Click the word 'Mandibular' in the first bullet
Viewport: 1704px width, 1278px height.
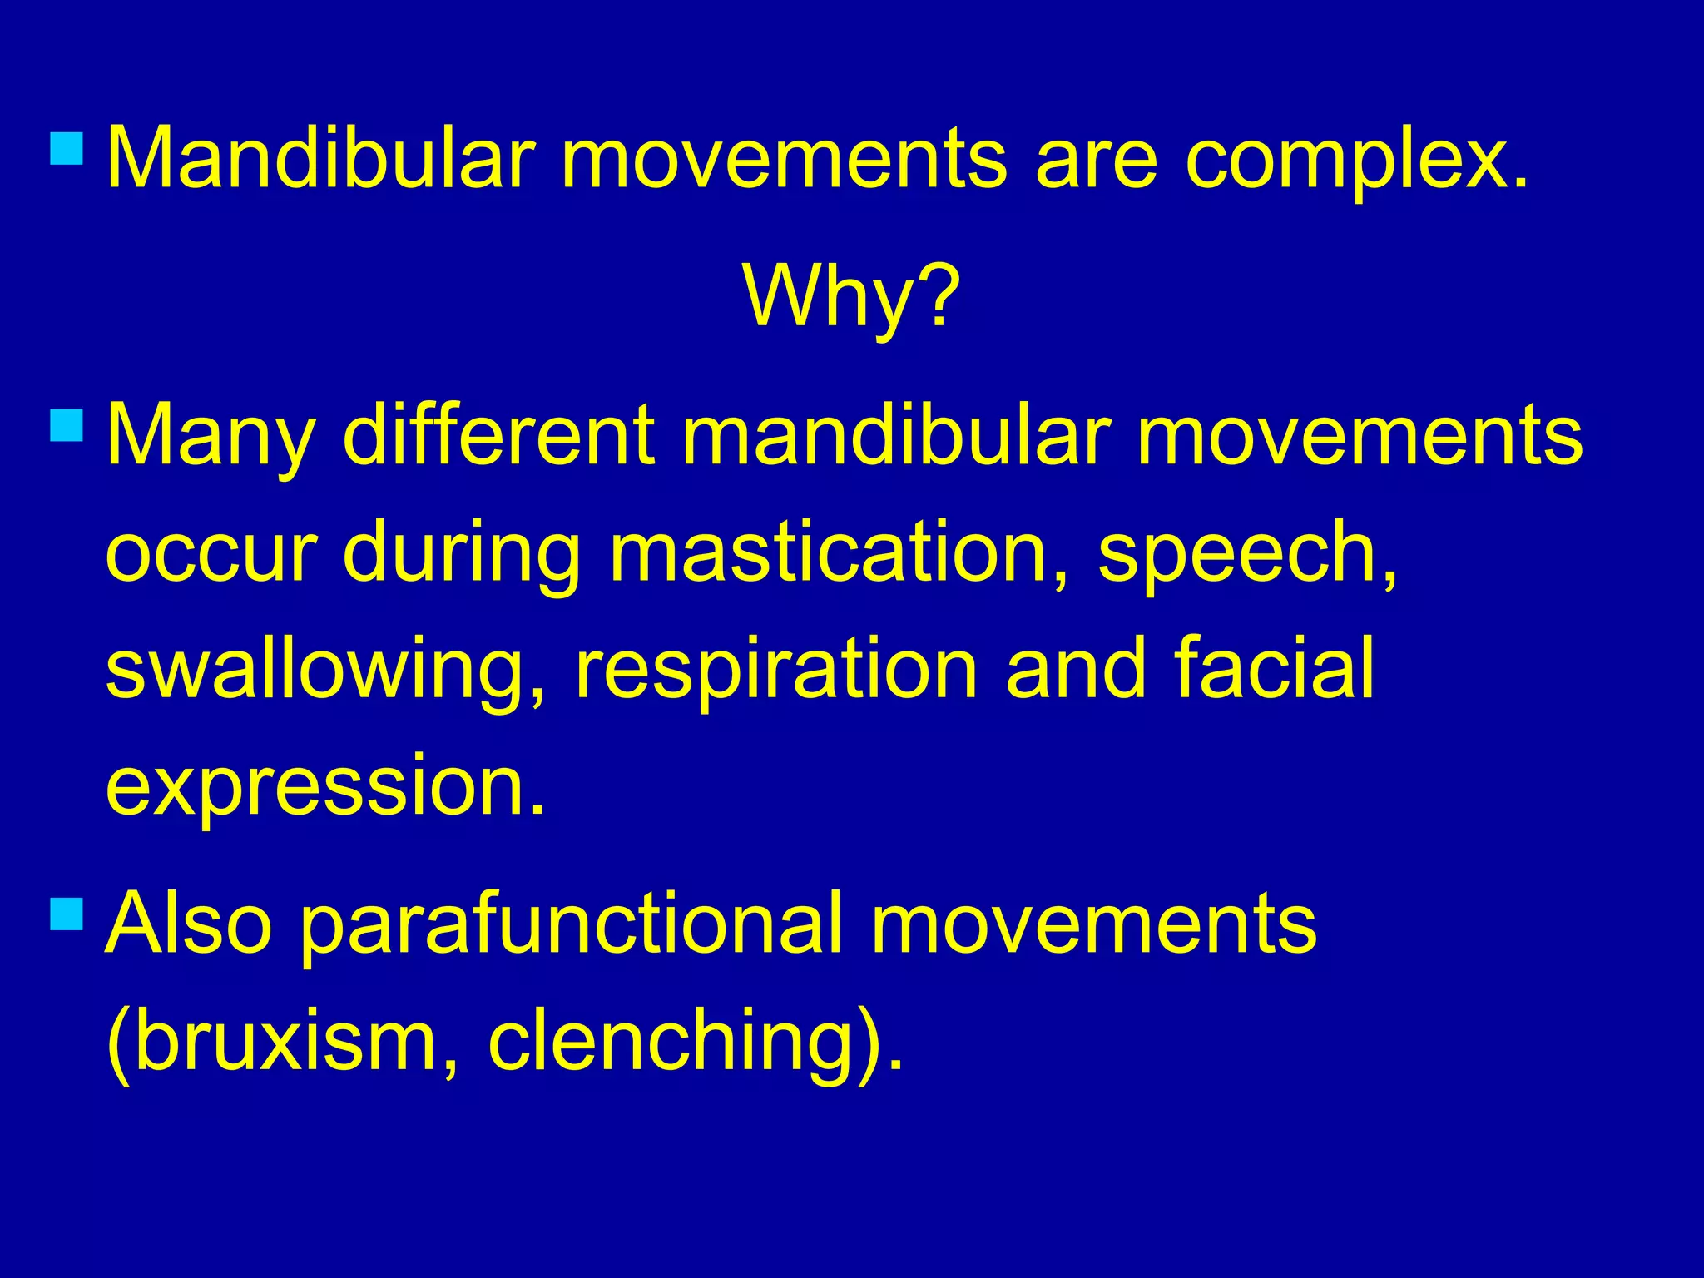pyautogui.click(x=320, y=158)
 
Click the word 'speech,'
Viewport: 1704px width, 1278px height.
pyautogui.click(x=1248, y=553)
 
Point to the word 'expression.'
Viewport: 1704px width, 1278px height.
pyautogui.click(x=325, y=786)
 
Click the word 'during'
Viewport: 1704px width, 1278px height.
pyautogui.click(x=461, y=553)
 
